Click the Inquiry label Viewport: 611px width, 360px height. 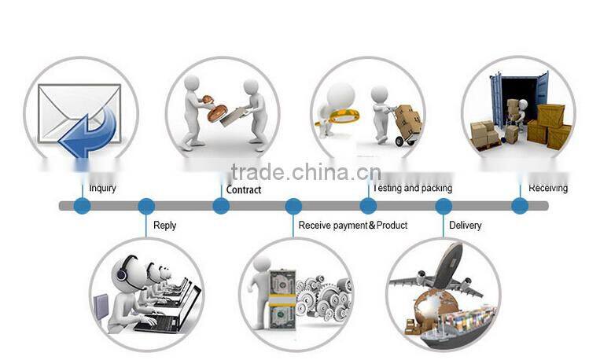[102, 189]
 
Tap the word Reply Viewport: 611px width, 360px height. [165, 226]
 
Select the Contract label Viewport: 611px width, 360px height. [244, 189]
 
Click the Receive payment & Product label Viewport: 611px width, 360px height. [353, 226]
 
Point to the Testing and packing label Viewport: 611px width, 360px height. [412, 189]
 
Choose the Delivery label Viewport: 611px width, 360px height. [465, 226]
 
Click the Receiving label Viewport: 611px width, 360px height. [548, 189]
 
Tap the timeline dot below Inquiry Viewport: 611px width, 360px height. [82, 206]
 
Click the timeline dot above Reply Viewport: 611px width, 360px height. [146, 206]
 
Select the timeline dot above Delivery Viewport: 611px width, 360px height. [444, 206]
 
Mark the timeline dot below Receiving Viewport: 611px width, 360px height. [520, 206]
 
